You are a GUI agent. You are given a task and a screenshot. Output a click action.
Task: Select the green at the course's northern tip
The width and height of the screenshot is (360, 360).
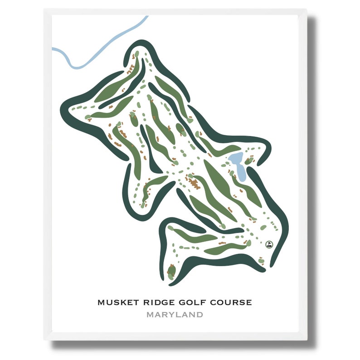pos(136,55)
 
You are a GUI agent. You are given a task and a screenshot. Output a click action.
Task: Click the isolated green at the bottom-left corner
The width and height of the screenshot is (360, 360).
pos(171,272)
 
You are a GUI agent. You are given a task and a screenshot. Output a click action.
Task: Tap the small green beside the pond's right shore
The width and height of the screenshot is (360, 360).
pos(248,161)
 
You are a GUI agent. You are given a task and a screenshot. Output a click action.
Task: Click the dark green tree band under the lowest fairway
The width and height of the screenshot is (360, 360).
pos(213,265)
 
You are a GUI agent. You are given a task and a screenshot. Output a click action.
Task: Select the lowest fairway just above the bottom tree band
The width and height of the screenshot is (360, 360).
pos(224,248)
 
